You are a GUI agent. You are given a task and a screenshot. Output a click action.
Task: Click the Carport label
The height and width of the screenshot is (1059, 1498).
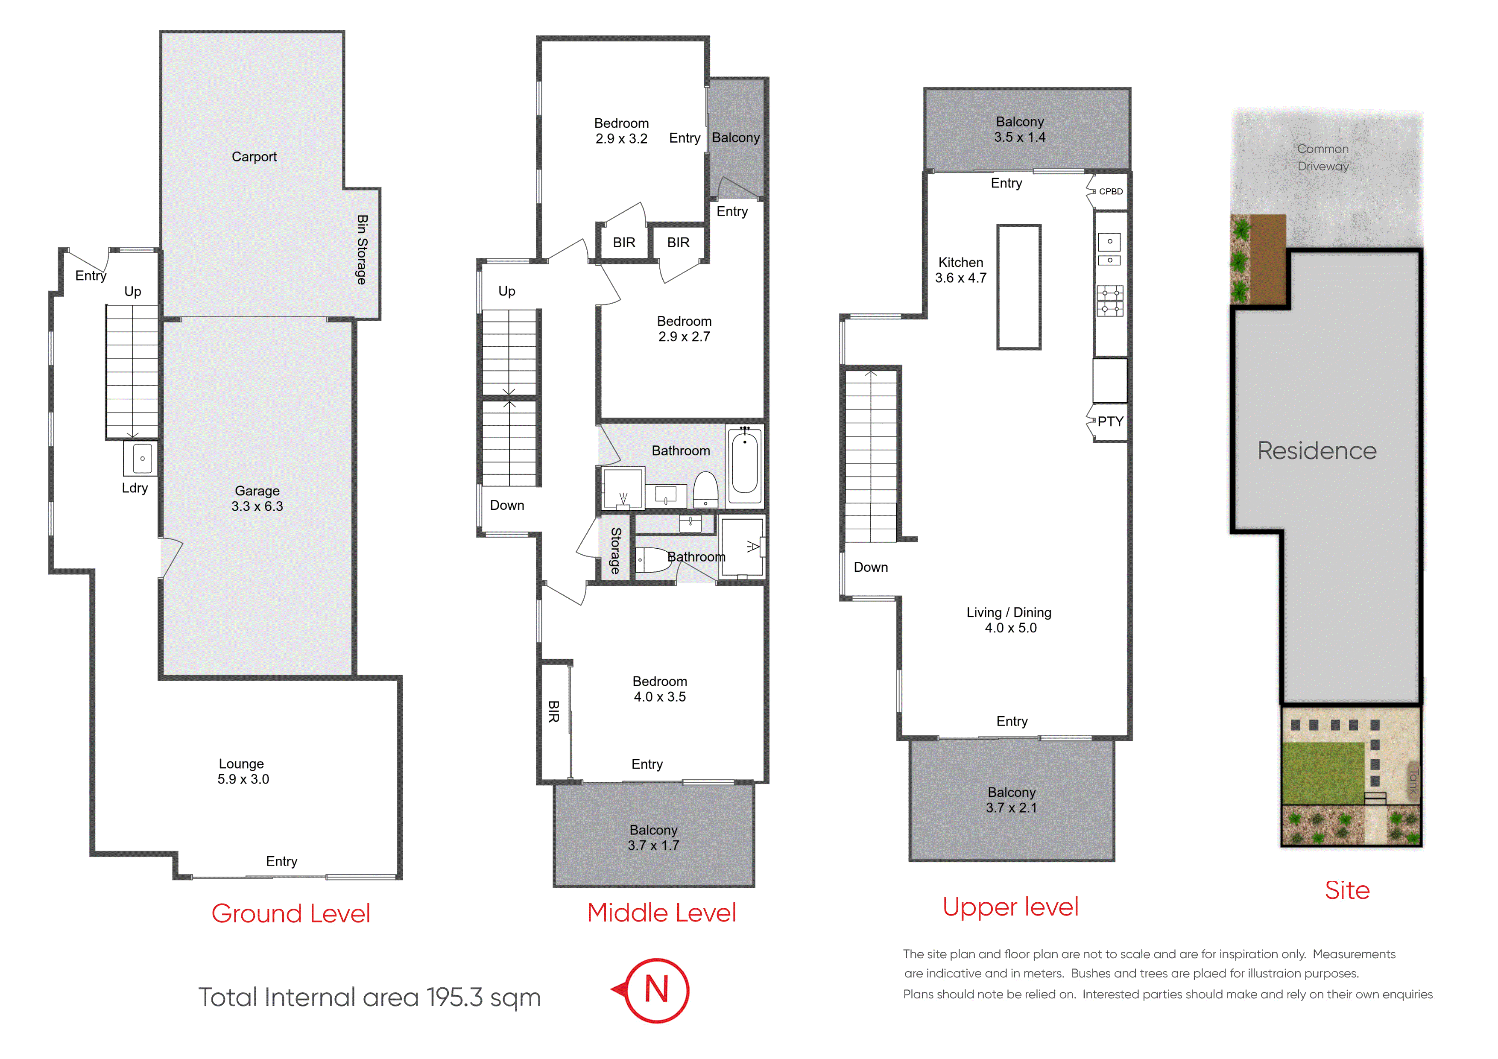[x=254, y=157]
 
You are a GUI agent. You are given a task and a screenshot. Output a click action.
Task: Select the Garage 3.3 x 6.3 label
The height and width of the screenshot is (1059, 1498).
[x=257, y=498]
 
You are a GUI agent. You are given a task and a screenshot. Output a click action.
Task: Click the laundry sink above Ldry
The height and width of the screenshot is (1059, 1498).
[x=142, y=458]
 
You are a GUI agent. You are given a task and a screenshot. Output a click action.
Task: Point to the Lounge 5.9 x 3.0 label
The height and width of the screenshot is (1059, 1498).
[x=243, y=771]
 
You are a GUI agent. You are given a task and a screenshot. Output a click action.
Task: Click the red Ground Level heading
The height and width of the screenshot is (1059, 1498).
[x=291, y=913]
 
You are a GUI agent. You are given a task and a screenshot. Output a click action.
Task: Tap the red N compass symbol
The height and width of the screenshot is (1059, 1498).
[x=656, y=990]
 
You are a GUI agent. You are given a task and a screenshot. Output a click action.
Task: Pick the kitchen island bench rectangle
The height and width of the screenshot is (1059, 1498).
[x=1018, y=287]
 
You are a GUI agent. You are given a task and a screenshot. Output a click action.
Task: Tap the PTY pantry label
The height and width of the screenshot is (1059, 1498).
[x=1110, y=421]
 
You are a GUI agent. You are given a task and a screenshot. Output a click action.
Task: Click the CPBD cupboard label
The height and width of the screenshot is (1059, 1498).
[x=1110, y=191]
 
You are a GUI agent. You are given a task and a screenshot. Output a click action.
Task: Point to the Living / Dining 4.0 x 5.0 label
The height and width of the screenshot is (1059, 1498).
[x=1009, y=620]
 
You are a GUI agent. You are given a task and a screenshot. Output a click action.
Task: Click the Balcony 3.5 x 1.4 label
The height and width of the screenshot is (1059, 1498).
[x=1020, y=129]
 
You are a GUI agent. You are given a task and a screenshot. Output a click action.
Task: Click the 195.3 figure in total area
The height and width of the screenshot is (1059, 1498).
[x=455, y=998]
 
